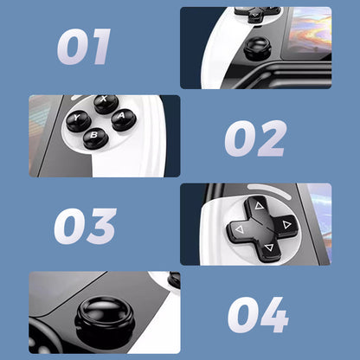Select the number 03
(84, 226)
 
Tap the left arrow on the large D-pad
(235, 229)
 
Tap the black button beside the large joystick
(173, 280)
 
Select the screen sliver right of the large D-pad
(322, 221)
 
